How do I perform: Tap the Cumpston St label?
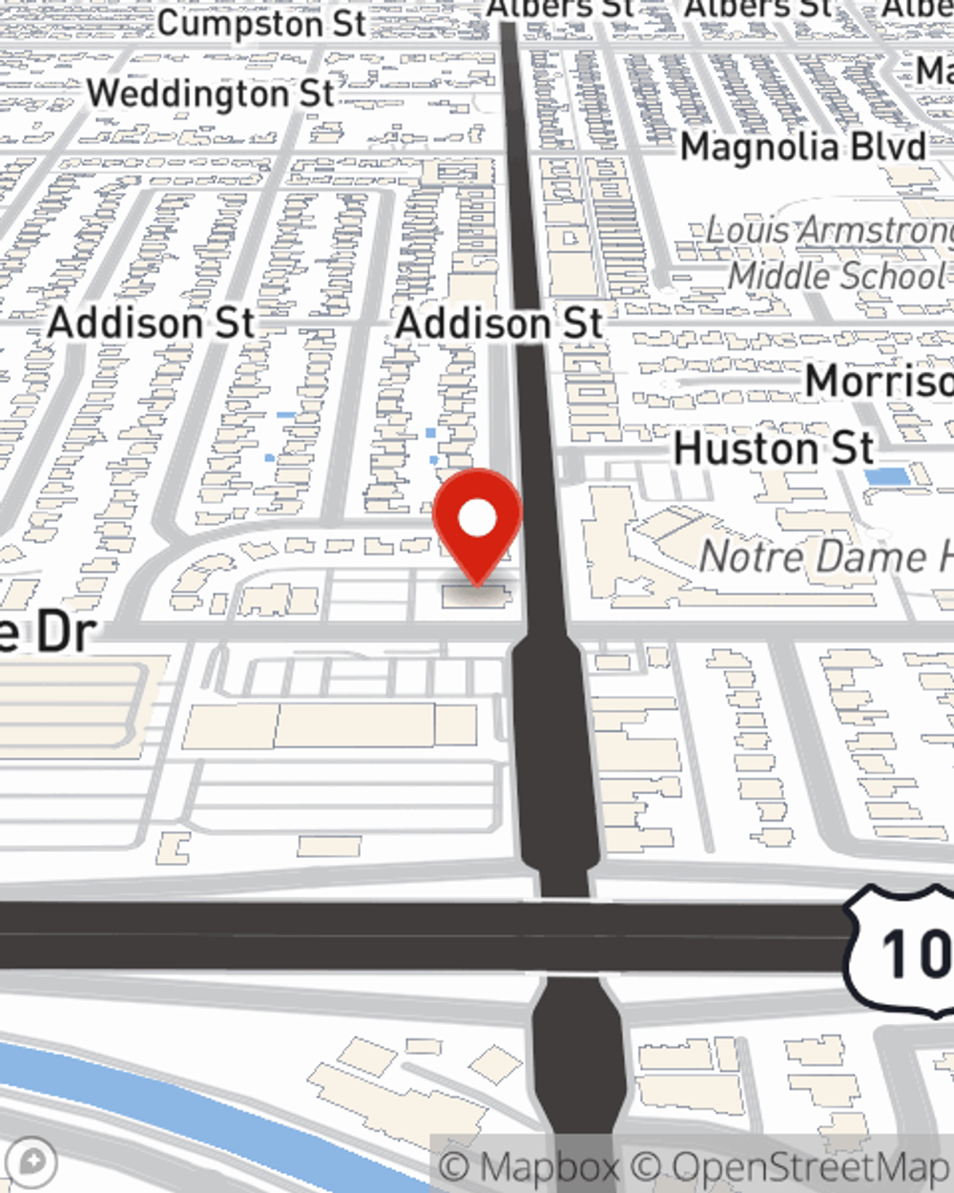pyautogui.click(x=261, y=23)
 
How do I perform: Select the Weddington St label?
pyautogui.click(x=210, y=94)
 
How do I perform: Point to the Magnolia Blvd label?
pyautogui.click(x=802, y=147)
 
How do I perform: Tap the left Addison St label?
pyautogui.click(x=151, y=323)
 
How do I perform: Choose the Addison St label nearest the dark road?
pyautogui.click(x=499, y=323)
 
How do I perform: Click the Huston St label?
pyautogui.click(x=773, y=449)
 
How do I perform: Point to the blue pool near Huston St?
pyautogui.click(x=886, y=476)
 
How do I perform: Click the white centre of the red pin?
pyautogui.click(x=477, y=519)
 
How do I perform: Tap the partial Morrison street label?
pyautogui.click(x=878, y=381)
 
